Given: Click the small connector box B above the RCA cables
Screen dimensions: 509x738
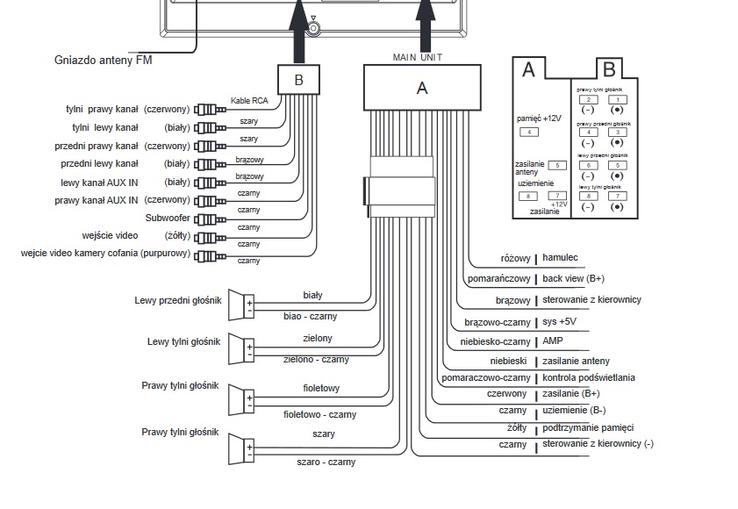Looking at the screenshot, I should (x=298, y=81).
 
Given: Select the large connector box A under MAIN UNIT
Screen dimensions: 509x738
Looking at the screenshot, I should (x=421, y=88).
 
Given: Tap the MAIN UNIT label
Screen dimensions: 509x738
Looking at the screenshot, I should (x=418, y=56).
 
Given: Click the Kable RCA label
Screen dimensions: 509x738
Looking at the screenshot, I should (x=248, y=101).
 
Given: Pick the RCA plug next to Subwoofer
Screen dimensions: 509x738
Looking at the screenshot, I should (x=205, y=219).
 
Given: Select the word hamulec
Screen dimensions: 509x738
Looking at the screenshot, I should (x=560, y=259).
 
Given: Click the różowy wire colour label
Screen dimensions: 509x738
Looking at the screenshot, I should (x=515, y=259).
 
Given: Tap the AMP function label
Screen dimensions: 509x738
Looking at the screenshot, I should (x=552, y=341).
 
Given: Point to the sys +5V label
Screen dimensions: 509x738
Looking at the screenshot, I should (x=562, y=320).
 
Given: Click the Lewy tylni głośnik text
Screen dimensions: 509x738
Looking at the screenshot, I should (x=183, y=341).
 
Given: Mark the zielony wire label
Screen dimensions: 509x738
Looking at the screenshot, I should (x=317, y=338).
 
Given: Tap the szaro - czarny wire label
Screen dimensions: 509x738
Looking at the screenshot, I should (x=319, y=462).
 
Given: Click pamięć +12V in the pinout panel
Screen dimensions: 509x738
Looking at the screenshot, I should (x=539, y=118).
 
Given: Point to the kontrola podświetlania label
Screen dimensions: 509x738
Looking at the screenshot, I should (x=589, y=377).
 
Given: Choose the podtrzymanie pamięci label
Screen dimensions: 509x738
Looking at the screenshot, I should (x=588, y=427).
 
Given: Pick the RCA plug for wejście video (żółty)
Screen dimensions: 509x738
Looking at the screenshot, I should (x=205, y=236).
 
